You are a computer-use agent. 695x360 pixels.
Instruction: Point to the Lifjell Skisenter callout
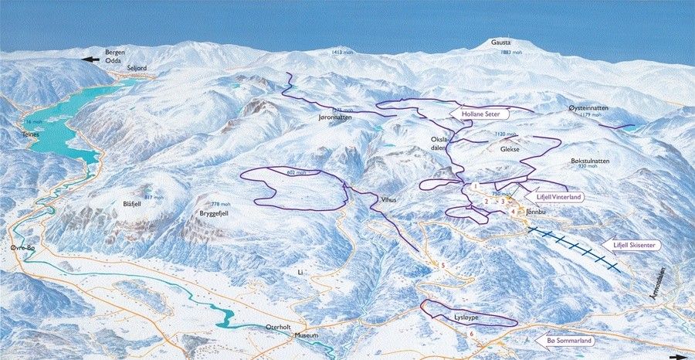(635, 245)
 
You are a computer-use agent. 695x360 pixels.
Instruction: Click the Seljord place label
(136, 68)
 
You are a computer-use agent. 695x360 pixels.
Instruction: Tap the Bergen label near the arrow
(115, 52)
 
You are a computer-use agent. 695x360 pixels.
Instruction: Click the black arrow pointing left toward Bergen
(91, 59)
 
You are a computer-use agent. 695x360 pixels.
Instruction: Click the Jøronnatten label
(335, 119)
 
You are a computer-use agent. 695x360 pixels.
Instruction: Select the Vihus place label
(388, 199)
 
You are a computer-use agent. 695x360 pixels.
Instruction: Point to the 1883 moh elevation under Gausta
(510, 53)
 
